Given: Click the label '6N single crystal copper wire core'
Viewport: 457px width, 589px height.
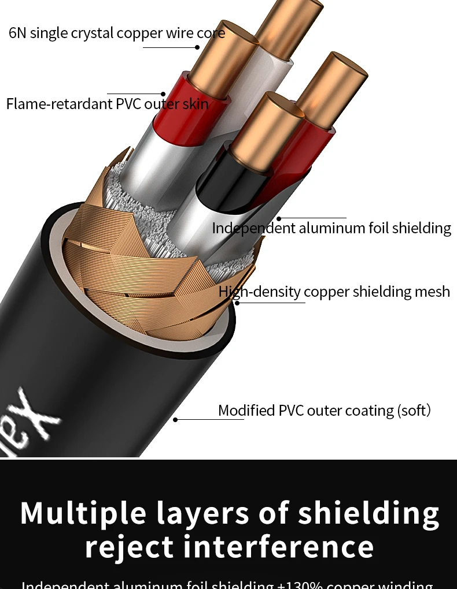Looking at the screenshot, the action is pyautogui.click(x=117, y=33).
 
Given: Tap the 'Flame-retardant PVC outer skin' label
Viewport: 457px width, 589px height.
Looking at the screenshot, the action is pyautogui.click(x=107, y=105).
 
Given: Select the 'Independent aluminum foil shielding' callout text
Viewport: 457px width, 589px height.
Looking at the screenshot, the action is pyautogui.click(x=331, y=228).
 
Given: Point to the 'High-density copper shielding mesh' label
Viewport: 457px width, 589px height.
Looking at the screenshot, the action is pyautogui.click(x=334, y=292).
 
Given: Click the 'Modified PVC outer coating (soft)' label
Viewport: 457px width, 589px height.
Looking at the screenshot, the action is pyautogui.click(x=325, y=411).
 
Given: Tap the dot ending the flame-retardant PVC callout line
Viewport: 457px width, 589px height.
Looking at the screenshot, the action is pyautogui.click(x=163, y=94).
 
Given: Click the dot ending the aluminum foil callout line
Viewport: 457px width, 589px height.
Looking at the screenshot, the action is pyautogui.click(x=278, y=219).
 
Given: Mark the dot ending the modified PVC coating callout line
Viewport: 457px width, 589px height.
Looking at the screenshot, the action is pyautogui.click(x=175, y=420).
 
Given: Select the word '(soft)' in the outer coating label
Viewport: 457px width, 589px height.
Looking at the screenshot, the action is pyautogui.click(x=414, y=411).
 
